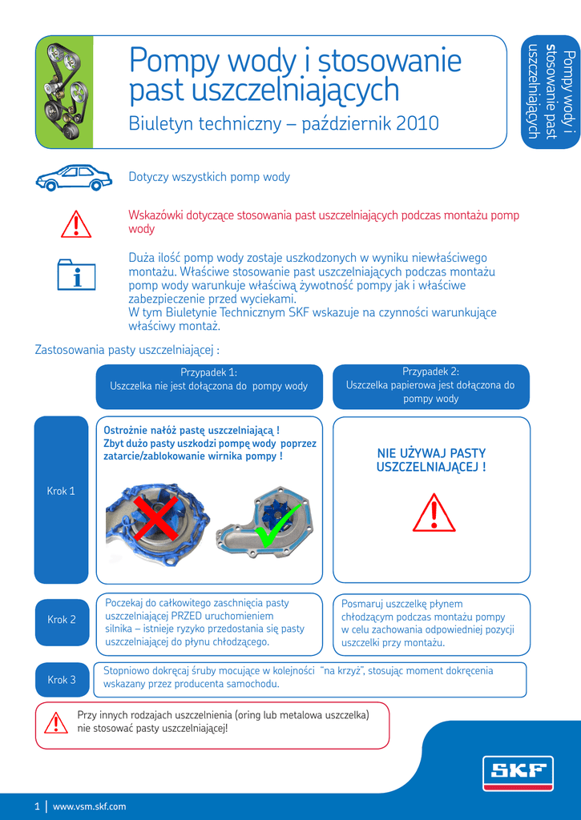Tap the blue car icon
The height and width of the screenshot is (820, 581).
click(x=74, y=177)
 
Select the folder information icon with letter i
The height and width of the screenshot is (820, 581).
click(x=77, y=274)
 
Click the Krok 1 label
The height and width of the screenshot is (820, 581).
click(x=61, y=491)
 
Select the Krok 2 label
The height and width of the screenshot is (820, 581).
click(x=62, y=620)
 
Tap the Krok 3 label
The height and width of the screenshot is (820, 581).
click(x=62, y=680)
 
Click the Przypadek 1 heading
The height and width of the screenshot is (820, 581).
click(x=208, y=372)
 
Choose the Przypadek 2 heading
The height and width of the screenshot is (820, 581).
click(x=430, y=372)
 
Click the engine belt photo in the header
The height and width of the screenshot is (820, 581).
click(x=65, y=92)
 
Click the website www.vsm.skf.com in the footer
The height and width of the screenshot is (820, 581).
click(x=89, y=806)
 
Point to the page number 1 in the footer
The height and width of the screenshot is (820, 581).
click(x=37, y=806)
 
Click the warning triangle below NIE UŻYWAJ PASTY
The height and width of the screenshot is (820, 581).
click(x=434, y=513)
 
